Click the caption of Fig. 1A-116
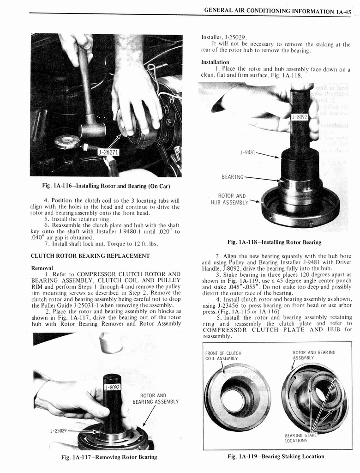tap(106, 186)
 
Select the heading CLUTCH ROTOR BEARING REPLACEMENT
tap(90, 255)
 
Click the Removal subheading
tap(42, 267)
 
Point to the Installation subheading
tap(215, 62)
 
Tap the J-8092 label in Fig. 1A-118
tap(300, 117)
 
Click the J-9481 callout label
tap(247, 151)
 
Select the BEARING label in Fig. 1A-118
tap(232, 176)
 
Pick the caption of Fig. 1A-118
tap(274, 242)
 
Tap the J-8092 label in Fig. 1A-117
tap(112, 387)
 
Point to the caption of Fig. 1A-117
tap(109, 457)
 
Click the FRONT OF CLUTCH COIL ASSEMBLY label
tap(223, 356)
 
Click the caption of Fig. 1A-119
tap(276, 456)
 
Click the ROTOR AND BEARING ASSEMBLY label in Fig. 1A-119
tap(313, 356)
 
